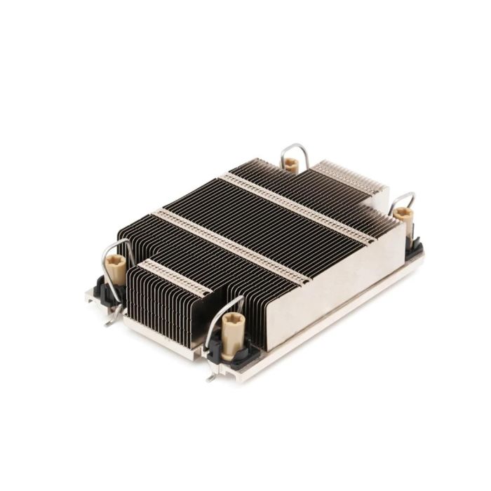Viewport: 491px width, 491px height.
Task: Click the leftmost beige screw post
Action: pos(116,267)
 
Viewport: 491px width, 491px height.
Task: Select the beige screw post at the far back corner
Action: pos(290,165)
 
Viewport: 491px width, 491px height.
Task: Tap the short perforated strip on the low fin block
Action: pos(175,277)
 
